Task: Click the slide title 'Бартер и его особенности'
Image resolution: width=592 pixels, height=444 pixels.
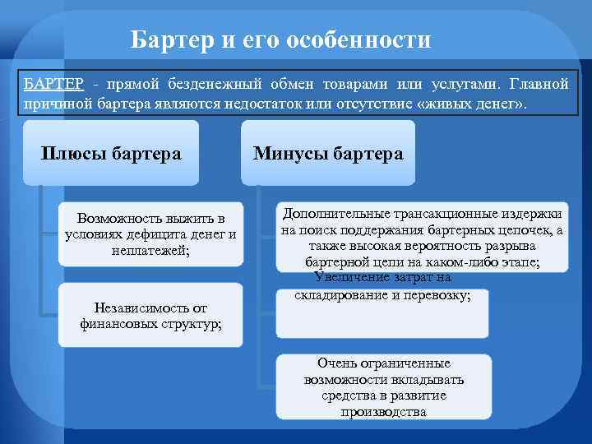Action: point(280,39)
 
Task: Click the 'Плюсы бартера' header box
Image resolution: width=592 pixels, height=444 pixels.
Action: point(111,154)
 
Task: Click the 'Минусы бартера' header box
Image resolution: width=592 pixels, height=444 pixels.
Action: point(328,154)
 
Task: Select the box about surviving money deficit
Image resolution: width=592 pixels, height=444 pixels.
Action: point(150,234)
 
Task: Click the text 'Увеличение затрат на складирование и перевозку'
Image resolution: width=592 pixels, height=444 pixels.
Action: point(382,287)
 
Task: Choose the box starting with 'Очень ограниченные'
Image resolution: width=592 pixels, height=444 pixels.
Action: point(383,386)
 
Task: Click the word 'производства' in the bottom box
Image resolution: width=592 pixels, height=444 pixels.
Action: point(383,411)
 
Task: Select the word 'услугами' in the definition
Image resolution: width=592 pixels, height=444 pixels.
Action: point(468,86)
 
